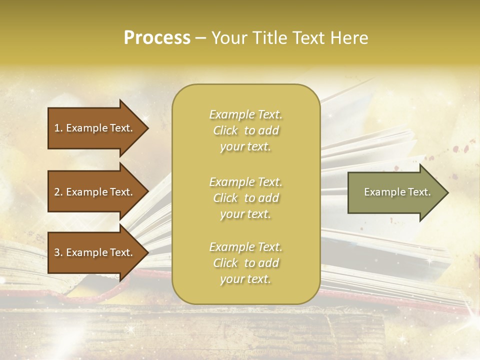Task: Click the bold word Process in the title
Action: (x=157, y=38)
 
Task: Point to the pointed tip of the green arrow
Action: (x=446, y=192)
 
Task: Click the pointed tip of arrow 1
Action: (x=147, y=128)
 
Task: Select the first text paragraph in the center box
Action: (x=245, y=130)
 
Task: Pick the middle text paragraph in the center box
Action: (x=245, y=198)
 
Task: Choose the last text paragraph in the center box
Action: (x=245, y=263)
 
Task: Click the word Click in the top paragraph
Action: (x=225, y=130)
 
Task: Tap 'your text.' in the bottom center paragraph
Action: (x=245, y=279)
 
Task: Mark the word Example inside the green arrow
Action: (x=381, y=192)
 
